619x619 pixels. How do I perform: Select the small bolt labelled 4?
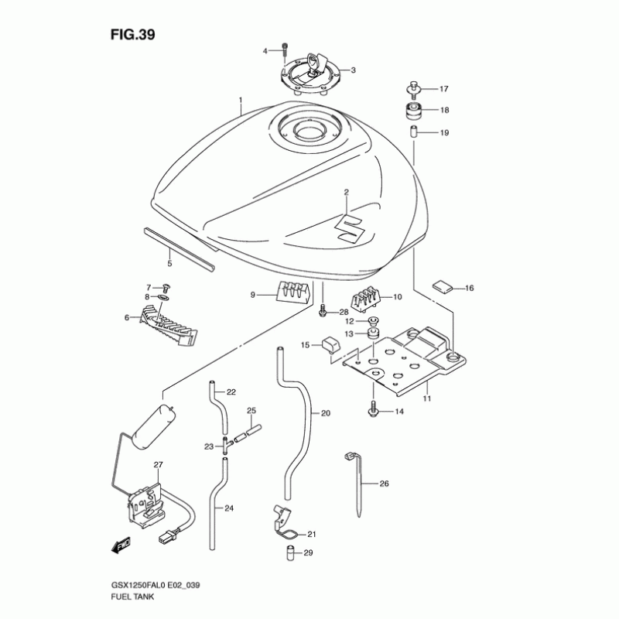tap(285, 47)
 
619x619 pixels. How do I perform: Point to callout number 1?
tap(241, 101)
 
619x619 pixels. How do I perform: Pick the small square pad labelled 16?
tap(441, 286)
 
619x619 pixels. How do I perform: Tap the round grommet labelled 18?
tap(414, 110)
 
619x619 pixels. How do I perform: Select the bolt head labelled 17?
tap(415, 87)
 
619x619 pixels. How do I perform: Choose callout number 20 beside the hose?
tap(325, 413)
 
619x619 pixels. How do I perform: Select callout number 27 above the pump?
tap(158, 465)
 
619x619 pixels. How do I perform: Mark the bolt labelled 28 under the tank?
tap(321, 311)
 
